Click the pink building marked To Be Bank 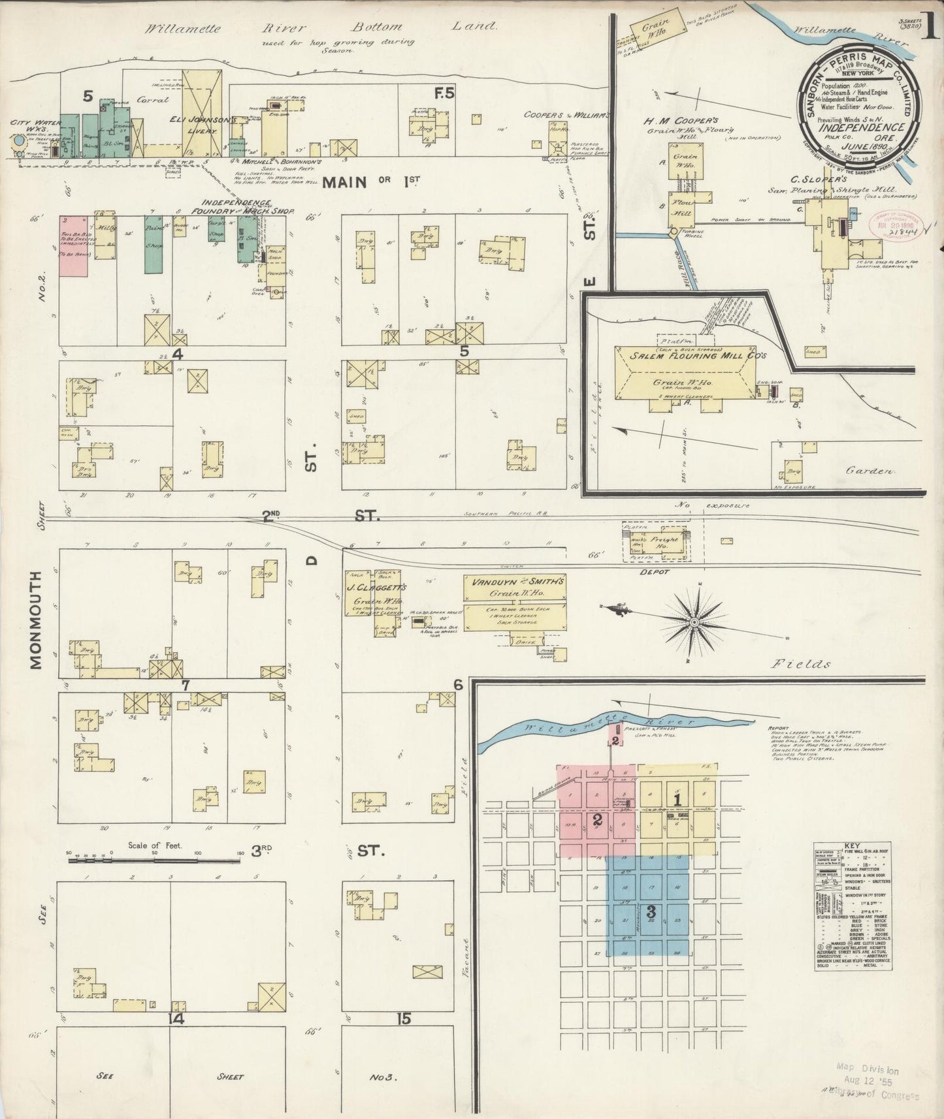pyautogui.click(x=73, y=245)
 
